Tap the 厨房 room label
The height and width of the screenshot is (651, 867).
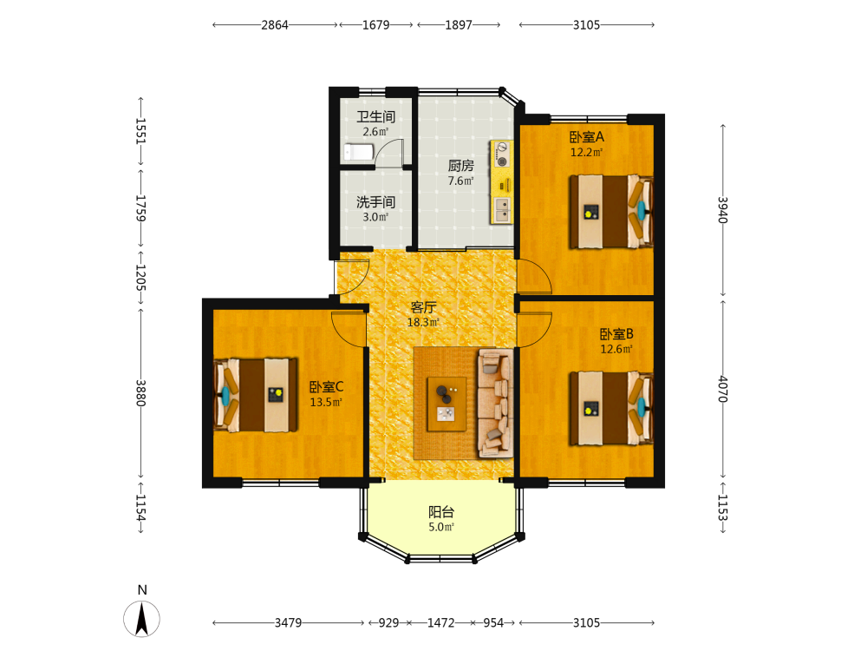click(460, 166)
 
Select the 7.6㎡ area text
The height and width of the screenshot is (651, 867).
click(460, 181)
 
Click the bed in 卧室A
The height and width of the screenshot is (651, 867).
click(611, 212)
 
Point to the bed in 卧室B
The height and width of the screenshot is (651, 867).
click(611, 408)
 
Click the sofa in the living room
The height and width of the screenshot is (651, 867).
click(495, 403)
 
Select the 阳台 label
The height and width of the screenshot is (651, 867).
click(441, 512)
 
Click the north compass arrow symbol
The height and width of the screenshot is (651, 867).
click(142, 618)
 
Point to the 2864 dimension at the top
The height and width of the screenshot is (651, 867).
click(275, 25)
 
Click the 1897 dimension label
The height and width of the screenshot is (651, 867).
click(459, 25)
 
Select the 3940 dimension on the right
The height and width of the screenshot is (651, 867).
click(723, 210)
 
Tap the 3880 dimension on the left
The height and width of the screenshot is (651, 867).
click(141, 392)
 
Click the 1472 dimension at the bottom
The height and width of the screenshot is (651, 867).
click(440, 622)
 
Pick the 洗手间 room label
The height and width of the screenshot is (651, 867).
click(375, 202)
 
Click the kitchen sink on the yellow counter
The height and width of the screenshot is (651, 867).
click(502, 210)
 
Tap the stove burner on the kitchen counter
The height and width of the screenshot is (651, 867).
click(502, 161)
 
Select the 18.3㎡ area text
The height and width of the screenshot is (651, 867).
click(423, 322)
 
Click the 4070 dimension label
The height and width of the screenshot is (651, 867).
click(723, 389)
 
